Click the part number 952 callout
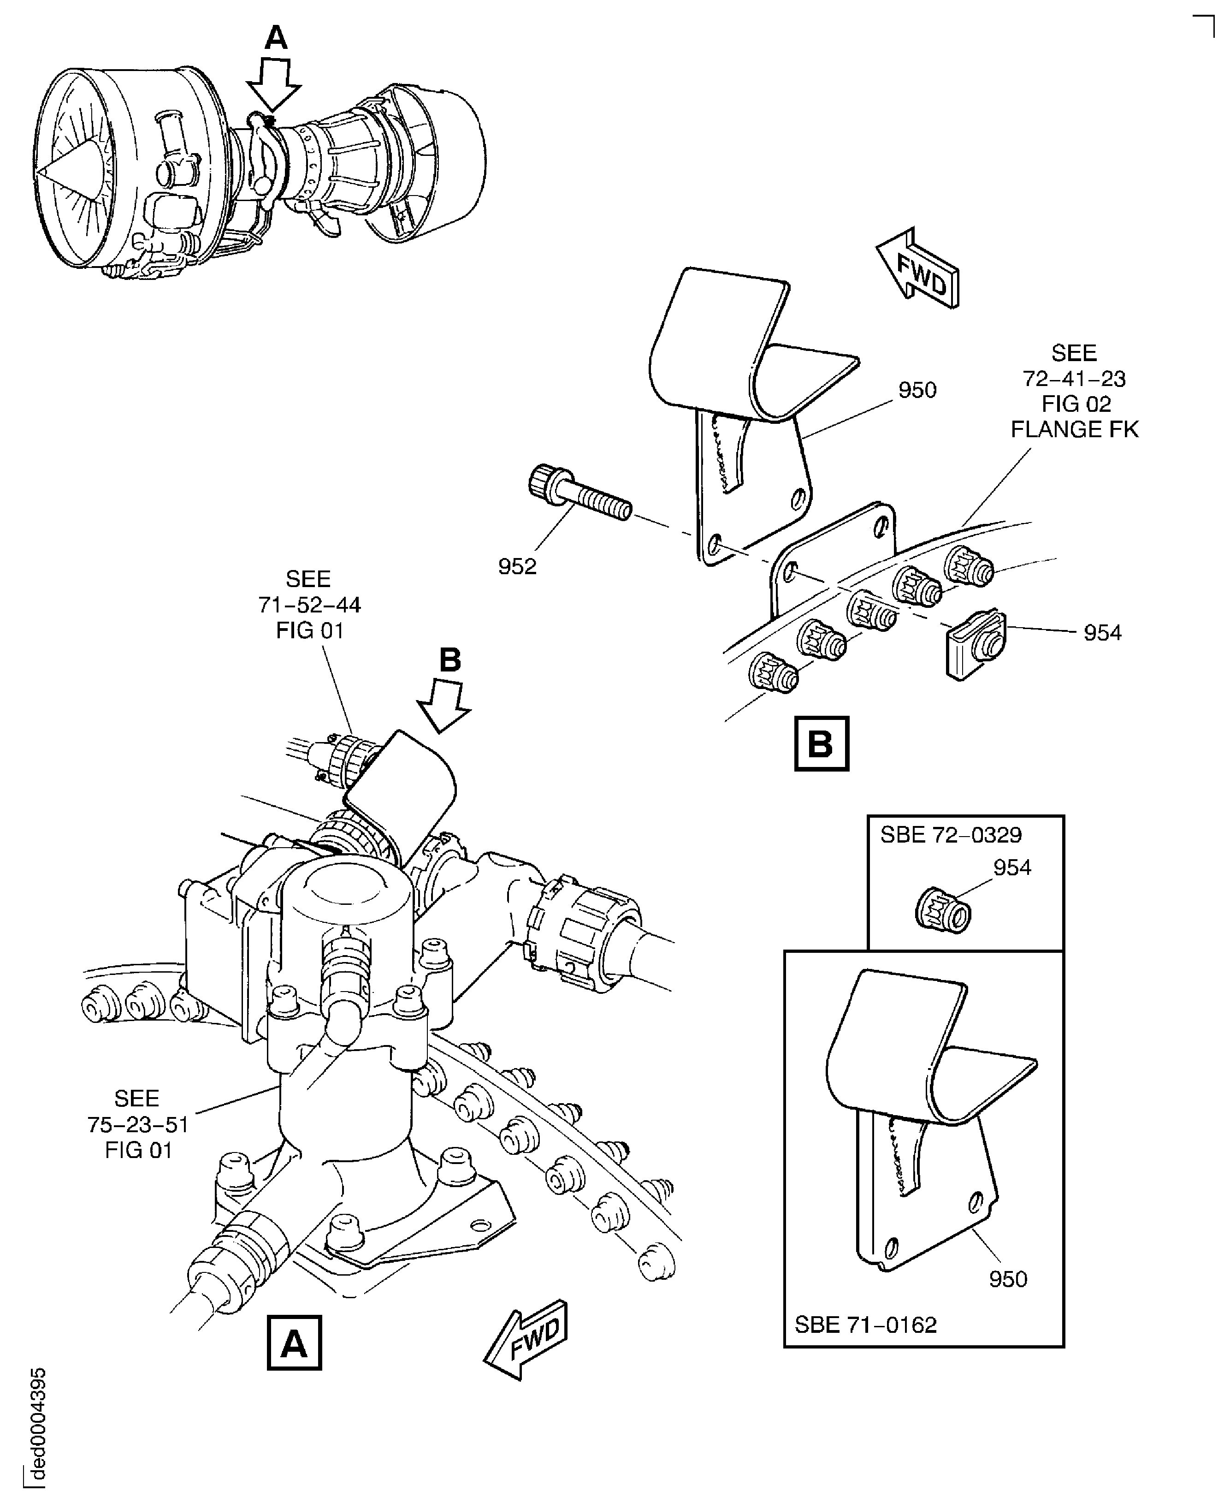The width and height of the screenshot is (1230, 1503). pyautogui.click(x=517, y=566)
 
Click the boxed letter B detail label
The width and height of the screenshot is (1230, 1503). pyautogui.click(x=821, y=744)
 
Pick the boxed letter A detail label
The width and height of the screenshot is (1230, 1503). pyautogui.click(x=294, y=1343)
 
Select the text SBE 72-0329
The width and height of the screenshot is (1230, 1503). pyautogui.click(x=951, y=835)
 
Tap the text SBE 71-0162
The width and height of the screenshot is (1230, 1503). pyautogui.click(x=866, y=1325)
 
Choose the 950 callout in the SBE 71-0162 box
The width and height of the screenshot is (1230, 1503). pyautogui.click(x=1007, y=1278)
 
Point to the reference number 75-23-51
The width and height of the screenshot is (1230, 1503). pyautogui.click(x=138, y=1124)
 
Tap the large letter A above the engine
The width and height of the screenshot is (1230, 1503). pyautogui.click(x=276, y=37)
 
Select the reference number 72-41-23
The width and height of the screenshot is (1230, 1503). pyautogui.click(x=1074, y=379)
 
